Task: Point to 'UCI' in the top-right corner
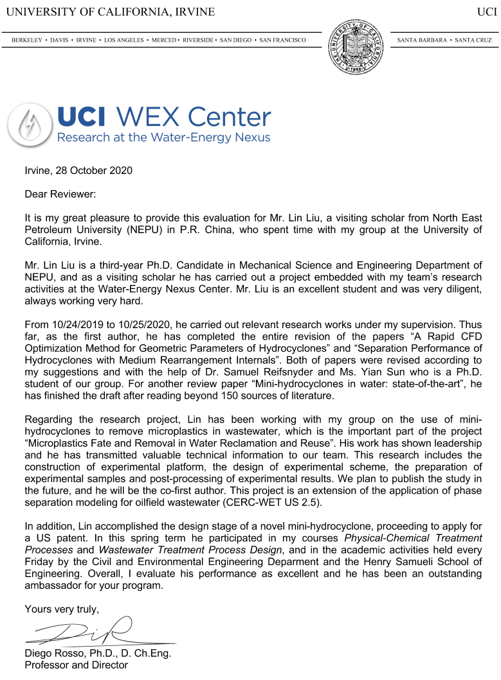tap(484, 12)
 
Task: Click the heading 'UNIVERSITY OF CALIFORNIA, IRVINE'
tap(110, 12)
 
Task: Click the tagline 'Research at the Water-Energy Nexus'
tap(163, 137)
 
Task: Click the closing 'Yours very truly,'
tap(62, 608)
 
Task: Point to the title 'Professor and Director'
tap(76, 665)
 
